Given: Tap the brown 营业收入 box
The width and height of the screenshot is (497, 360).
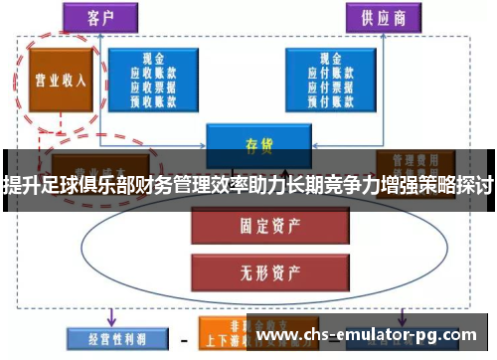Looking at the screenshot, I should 56,80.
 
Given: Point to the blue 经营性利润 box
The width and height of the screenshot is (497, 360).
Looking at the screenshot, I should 109,338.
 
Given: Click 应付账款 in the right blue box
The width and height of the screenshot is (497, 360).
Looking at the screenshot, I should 327,73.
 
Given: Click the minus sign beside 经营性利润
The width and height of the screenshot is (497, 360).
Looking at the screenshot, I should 184,339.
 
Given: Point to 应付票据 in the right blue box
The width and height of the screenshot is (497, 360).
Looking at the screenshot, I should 327,86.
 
